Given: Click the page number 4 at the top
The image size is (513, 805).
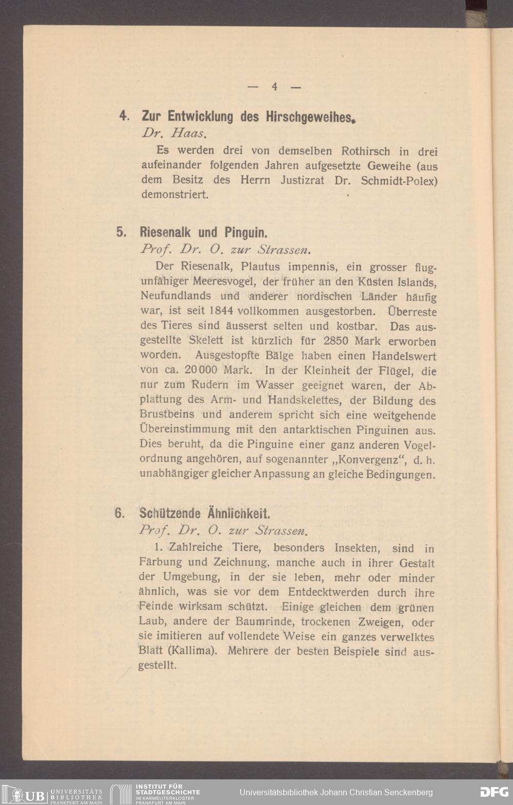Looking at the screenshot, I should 275,87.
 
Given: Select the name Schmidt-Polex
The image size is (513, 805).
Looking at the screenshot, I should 399,180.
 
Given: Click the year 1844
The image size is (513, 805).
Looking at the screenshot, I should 222,311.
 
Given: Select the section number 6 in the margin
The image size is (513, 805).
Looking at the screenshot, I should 120,513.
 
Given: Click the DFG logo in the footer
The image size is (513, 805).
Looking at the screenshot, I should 494,792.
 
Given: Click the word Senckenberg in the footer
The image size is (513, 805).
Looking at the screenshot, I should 406,792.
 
